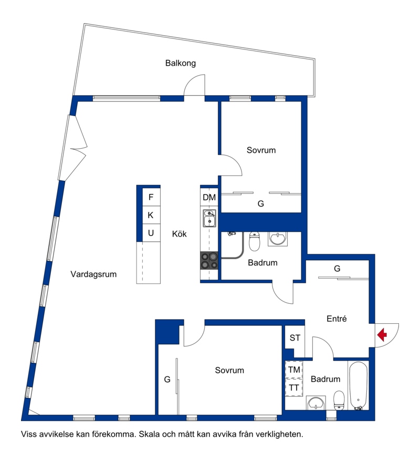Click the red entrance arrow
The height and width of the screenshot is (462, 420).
[x=382, y=335]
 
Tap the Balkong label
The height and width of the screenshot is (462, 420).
[x=181, y=63]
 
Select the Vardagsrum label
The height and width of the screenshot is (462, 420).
[x=93, y=274]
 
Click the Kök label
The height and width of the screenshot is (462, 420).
[x=179, y=234]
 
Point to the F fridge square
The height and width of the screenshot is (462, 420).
[x=151, y=197]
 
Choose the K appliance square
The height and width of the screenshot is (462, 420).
[x=151, y=215]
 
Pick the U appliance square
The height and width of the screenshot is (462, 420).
[x=151, y=233]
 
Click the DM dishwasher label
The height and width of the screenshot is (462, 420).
[x=209, y=197]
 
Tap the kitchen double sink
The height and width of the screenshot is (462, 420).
[x=209, y=218]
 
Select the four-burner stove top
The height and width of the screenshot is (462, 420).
[x=209, y=261]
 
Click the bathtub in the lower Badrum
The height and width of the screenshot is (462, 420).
[x=358, y=386]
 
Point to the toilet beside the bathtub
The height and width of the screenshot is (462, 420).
[x=339, y=400]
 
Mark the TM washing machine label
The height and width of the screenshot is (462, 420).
[x=294, y=369]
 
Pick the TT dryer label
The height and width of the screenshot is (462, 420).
[x=293, y=388]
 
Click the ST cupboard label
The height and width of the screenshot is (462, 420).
[x=295, y=337]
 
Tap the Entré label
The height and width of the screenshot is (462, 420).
[x=337, y=319]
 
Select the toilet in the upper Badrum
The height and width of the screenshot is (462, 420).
[x=255, y=241]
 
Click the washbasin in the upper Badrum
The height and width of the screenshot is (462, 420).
[x=278, y=239]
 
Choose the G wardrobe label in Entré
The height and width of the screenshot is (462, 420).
[x=337, y=269]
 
